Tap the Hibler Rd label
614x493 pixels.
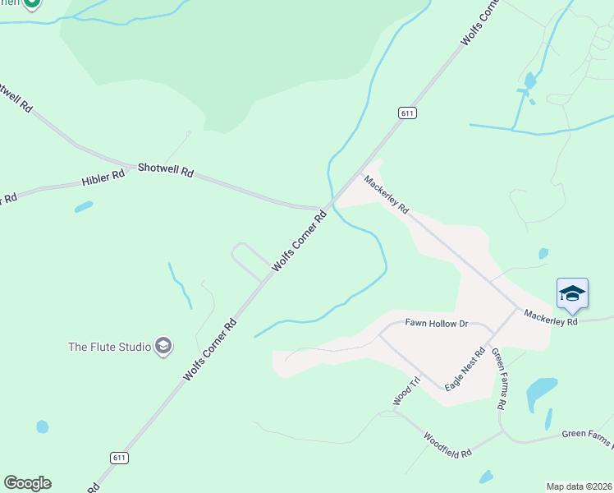103,177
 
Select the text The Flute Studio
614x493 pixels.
110,347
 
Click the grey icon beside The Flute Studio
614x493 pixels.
163,347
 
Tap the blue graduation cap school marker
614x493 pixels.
572,293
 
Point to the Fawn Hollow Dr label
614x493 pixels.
436,324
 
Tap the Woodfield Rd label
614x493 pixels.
447,445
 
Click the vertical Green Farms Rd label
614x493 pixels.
497,379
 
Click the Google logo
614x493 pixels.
27,483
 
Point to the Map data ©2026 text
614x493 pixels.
578,486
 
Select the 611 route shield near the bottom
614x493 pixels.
119,457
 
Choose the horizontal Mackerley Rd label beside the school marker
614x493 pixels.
550,316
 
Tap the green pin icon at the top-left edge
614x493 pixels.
31,3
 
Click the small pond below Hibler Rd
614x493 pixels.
84,207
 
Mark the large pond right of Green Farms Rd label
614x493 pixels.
541,392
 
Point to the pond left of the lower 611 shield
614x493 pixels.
43,426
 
